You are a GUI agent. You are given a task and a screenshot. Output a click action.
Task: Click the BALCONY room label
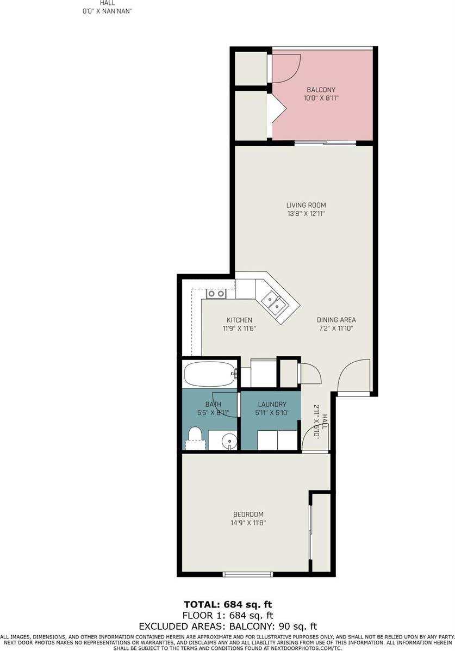pos(321,90)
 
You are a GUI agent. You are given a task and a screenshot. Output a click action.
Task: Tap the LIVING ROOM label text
pos(306,205)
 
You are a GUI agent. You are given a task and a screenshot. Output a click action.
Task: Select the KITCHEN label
pos(239,320)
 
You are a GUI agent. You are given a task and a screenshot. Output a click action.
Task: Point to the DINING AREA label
pos(336,320)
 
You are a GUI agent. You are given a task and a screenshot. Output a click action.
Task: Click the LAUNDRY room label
pos(272,405)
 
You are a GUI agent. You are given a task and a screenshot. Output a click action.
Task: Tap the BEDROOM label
pos(248,514)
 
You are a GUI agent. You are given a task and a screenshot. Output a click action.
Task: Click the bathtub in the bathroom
pos(209,374)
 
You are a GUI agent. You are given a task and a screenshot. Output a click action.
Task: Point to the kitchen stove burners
pos(216,294)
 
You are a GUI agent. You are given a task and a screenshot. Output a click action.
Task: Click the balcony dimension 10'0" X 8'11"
pos(321,99)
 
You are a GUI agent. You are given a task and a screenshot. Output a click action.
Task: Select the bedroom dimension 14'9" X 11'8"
pos(248,523)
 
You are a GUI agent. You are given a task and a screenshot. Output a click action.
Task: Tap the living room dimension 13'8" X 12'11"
pos(306,214)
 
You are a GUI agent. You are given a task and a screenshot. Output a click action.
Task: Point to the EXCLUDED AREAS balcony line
pos(228,627)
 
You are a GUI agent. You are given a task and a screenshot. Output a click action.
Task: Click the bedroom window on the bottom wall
pos(248,575)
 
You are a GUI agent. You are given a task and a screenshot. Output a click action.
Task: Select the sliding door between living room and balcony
pos(326,143)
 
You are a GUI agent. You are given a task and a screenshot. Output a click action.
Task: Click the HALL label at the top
pos(108,3)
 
